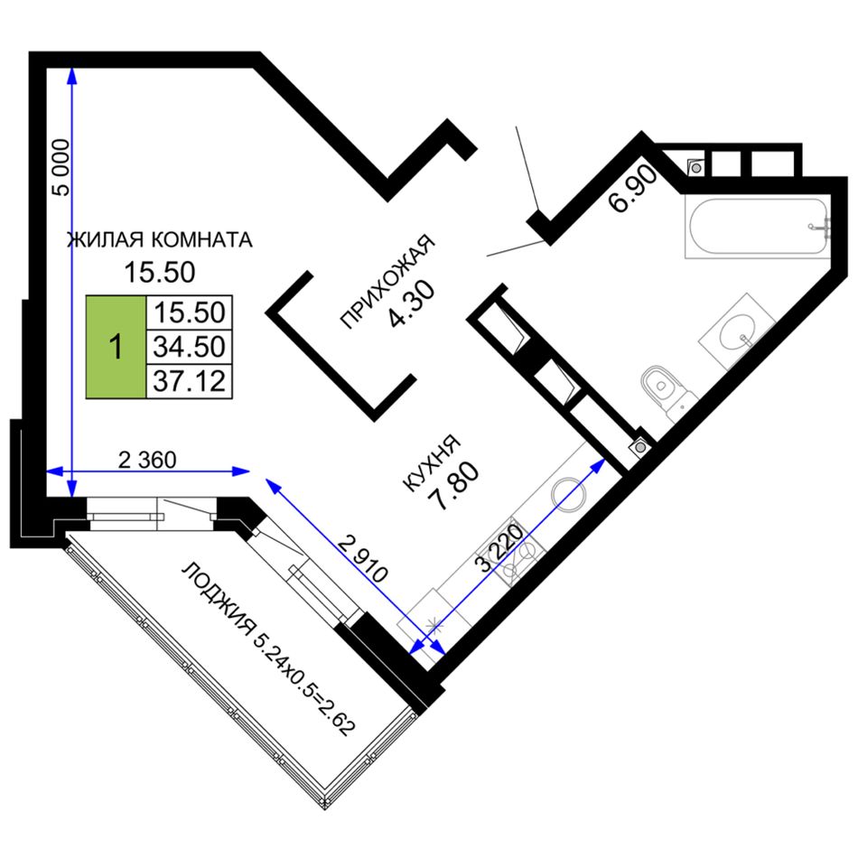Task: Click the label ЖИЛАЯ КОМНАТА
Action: (x=159, y=239)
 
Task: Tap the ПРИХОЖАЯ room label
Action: (x=387, y=281)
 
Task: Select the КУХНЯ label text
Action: (x=431, y=463)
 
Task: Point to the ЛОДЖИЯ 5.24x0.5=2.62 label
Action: (x=268, y=648)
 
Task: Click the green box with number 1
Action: (x=116, y=347)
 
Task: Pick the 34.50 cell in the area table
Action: (x=190, y=347)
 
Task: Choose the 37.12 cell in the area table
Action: (x=190, y=381)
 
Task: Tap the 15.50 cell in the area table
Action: (x=190, y=312)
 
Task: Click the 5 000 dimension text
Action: (x=61, y=167)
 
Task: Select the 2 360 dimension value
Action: (x=148, y=461)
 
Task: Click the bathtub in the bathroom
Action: (x=758, y=227)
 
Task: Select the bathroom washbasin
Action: (x=737, y=332)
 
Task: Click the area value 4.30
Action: (x=412, y=303)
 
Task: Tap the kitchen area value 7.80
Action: (x=454, y=486)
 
